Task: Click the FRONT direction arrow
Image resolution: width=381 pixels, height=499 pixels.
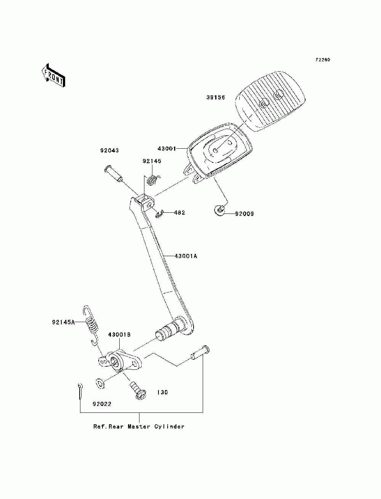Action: click(53, 75)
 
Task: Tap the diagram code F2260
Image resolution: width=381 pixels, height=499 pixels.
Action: click(323, 60)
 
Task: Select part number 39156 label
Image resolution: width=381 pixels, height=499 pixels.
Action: click(216, 98)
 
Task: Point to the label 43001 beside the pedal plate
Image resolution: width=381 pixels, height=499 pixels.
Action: click(167, 149)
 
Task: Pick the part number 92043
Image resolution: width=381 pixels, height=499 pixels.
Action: click(109, 151)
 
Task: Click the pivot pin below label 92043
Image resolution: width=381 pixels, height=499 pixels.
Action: click(114, 173)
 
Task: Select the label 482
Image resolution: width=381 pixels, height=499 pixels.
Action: click(179, 213)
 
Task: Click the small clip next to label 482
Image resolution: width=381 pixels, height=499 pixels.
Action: click(160, 214)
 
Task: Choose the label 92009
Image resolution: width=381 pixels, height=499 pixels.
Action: click(244, 214)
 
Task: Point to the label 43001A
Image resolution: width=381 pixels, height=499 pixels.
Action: click(186, 256)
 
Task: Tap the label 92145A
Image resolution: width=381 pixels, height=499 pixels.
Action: click(63, 323)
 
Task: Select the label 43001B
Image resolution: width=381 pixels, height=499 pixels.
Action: click(119, 335)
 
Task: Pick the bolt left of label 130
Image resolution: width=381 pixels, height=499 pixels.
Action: click(138, 391)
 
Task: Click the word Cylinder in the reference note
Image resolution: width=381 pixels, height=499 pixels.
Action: click(169, 427)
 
